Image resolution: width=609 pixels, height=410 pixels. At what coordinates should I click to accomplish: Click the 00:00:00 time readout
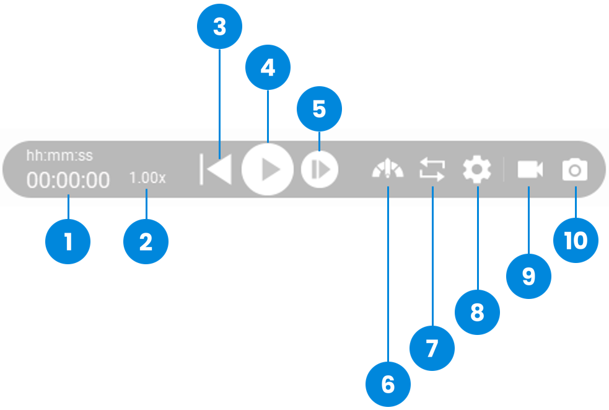click(68, 180)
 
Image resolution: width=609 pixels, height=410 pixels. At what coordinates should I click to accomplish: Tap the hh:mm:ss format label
click(60, 156)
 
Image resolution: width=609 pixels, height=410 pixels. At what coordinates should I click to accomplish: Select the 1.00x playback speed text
click(147, 178)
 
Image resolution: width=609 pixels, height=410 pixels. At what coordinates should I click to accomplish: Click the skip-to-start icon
click(216, 169)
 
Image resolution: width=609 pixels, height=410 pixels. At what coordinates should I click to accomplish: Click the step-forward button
click(320, 169)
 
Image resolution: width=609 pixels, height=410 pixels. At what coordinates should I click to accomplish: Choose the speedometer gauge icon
click(388, 169)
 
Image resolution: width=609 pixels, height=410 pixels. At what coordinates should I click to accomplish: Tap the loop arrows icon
click(432, 169)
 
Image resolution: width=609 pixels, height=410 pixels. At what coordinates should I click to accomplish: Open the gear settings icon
click(477, 169)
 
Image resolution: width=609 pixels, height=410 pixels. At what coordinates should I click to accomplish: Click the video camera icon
click(530, 169)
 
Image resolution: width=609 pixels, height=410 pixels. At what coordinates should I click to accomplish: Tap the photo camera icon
click(575, 169)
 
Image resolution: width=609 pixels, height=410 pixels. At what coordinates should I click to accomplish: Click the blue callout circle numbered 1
click(68, 241)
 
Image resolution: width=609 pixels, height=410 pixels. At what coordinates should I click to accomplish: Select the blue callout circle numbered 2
click(146, 241)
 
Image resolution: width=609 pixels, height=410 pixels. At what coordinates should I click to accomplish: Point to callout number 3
click(220, 27)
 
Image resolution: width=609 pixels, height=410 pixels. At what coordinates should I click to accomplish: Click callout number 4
click(268, 67)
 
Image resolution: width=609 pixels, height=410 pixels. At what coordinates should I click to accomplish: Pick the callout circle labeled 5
click(319, 109)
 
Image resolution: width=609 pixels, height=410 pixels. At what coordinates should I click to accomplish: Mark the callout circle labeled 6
click(388, 385)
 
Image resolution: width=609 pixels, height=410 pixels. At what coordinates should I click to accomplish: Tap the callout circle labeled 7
click(432, 348)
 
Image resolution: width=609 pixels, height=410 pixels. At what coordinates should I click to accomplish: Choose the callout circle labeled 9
click(528, 276)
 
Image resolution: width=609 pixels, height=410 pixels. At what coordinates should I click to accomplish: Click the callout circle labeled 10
click(576, 241)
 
